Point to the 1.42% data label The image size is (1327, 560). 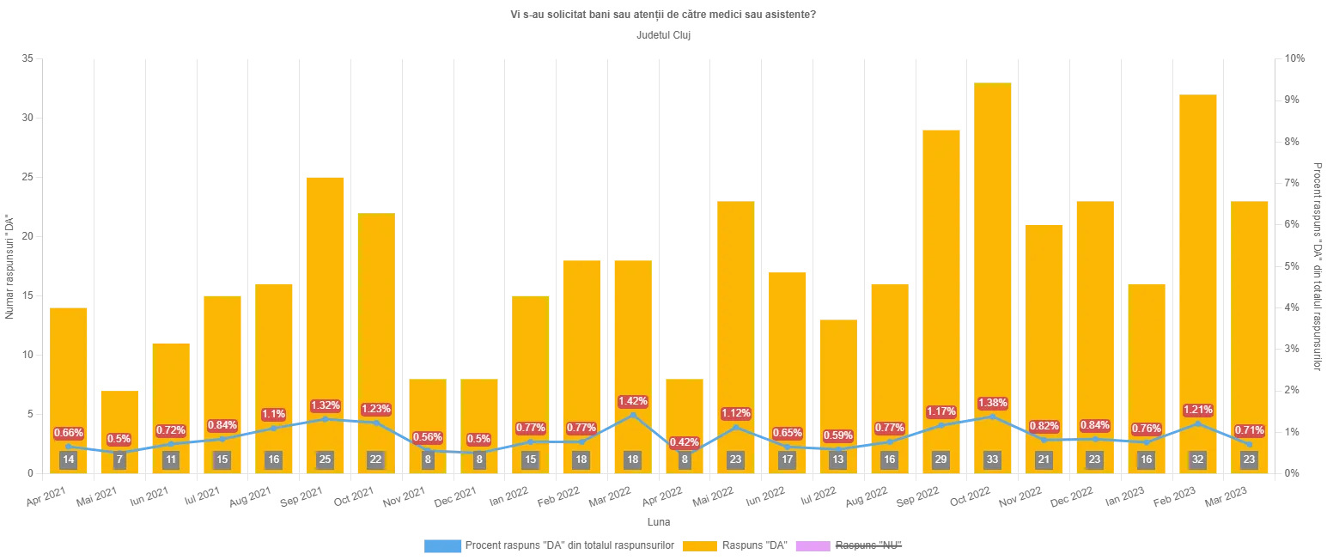pyautogui.click(x=633, y=401)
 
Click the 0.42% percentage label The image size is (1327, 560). pyautogui.click(x=685, y=442)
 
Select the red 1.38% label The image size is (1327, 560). pyautogui.click(x=992, y=403)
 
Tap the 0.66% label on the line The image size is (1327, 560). pyautogui.click(x=69, y=432)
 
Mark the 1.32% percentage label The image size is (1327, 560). pyautogui.click(x=325, y=405)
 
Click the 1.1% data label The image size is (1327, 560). pyautogui.click(x=273, y=414)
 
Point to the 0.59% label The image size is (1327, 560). pyautogui.click(x=837, y=435)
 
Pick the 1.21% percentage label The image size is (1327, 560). pyautogui.click(x=1197, y=410)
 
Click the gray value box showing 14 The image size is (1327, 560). pyautogui.click(x=69, y=460)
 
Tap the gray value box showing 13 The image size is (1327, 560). pyautogui.click(x=837, y=460)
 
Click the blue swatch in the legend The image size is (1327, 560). pyautogui.click(x=443, y=545)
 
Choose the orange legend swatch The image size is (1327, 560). pyautogui.click(x=700, y=545)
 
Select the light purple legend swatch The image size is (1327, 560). pyautogui.click(x=812, y=545)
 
